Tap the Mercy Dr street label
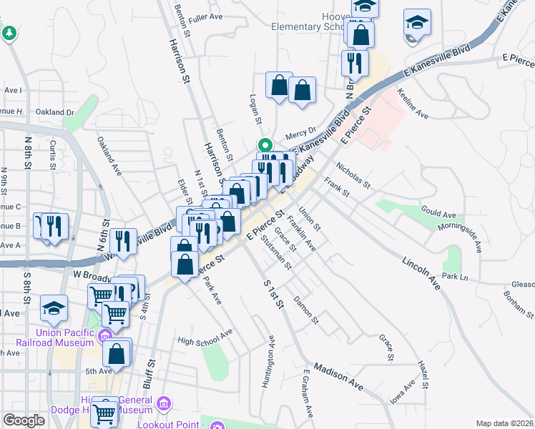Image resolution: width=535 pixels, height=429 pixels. [x=300, y=133]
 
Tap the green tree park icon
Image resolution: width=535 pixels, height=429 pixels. [x=9, y=33]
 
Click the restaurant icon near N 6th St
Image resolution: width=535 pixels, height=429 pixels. [x=125, y=240]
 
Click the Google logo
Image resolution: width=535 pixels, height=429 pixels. [x=24, y=420]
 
